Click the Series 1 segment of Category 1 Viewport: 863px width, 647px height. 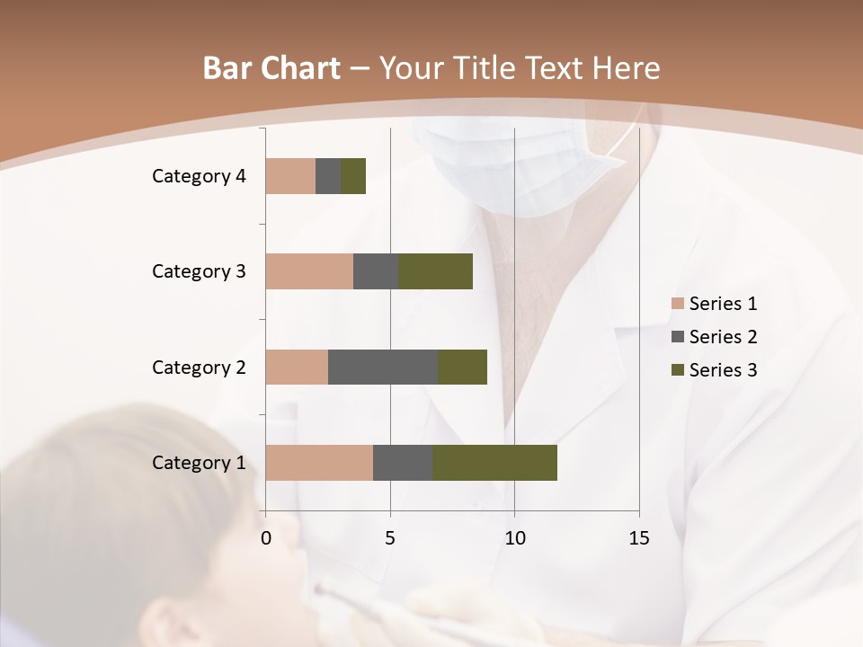pyautogui.click(x=319, y=463)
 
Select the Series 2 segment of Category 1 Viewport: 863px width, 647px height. pyautogui.click(x=403, y=463)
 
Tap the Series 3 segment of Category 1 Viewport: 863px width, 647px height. pyautogui.click(x=494, y=463)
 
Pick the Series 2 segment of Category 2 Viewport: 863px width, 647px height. pyautogui.click(x=383, y=367)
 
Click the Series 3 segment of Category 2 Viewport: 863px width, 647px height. pyautogui.click(x=462, y=367)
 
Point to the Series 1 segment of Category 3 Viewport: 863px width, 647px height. pyautogui.click(x=309, y=271)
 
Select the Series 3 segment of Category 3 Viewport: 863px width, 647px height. pyautogui.click(x=435, y=271)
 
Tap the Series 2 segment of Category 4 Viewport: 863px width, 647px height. pyautogui.click(x=328, y=176)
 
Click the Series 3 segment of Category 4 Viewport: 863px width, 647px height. pyautogui.click(x=353, y=176)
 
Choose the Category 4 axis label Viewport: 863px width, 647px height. pyautogui.click(x=199, y=176)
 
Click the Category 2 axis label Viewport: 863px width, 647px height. pyautogui.click(x=199, y=367)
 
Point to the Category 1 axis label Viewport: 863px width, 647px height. pyautogui.click(x=199, y=463)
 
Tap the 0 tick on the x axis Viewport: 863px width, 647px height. pyautogui.click(x=266, y=538)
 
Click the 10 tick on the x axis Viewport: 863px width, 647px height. pyautogui.click(x=514, y=538)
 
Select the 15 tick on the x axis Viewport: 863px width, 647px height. pyautogui.click(x=639, y=538)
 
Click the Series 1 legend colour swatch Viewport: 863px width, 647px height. pyautogui.click(x=677, y=304)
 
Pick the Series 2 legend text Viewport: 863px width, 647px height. pyautogui.click(x=723, y=337)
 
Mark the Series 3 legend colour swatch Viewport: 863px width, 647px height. pyautogui.click(x=677, y=370)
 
